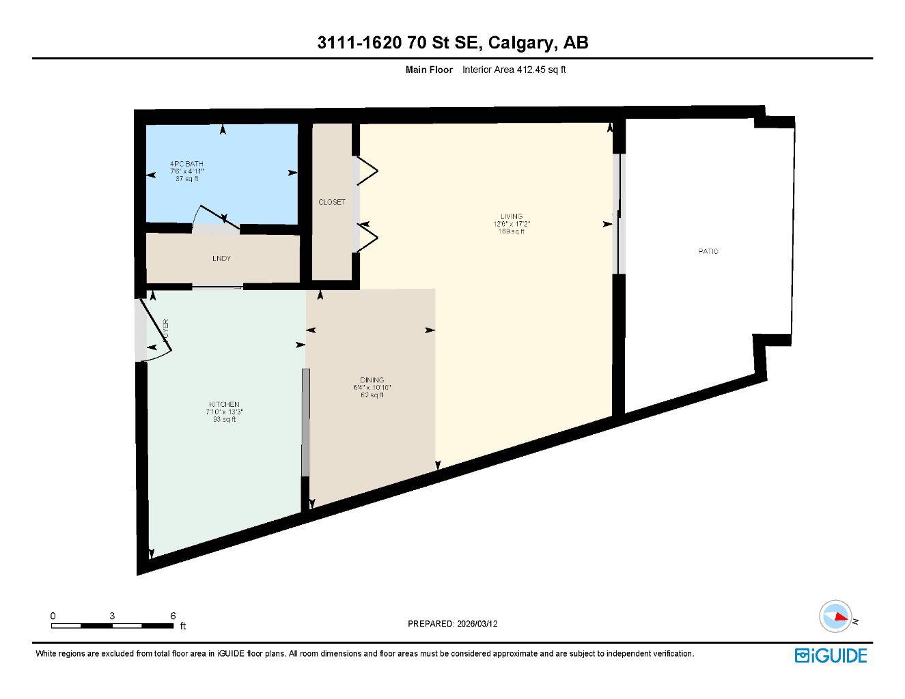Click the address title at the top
click(453, 43)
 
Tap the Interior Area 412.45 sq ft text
click(514, 70)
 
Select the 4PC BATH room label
click(186, 164)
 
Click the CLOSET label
click(332, 203)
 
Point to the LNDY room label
click(221, 259)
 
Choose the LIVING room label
click(512, 216)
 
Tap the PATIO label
click(708, 252)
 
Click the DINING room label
click(372, 380)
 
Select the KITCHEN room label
click(224, 405)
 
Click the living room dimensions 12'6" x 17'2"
click(512, 224)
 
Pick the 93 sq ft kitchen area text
click(224, 420)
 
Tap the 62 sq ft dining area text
click(372, 395)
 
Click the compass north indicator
click(837, 616)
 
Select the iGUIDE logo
click(831, 655)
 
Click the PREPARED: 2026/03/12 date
click(453, 624)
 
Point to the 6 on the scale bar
click(173, 616)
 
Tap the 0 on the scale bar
click(53, 616)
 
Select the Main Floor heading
click(429, 70)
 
